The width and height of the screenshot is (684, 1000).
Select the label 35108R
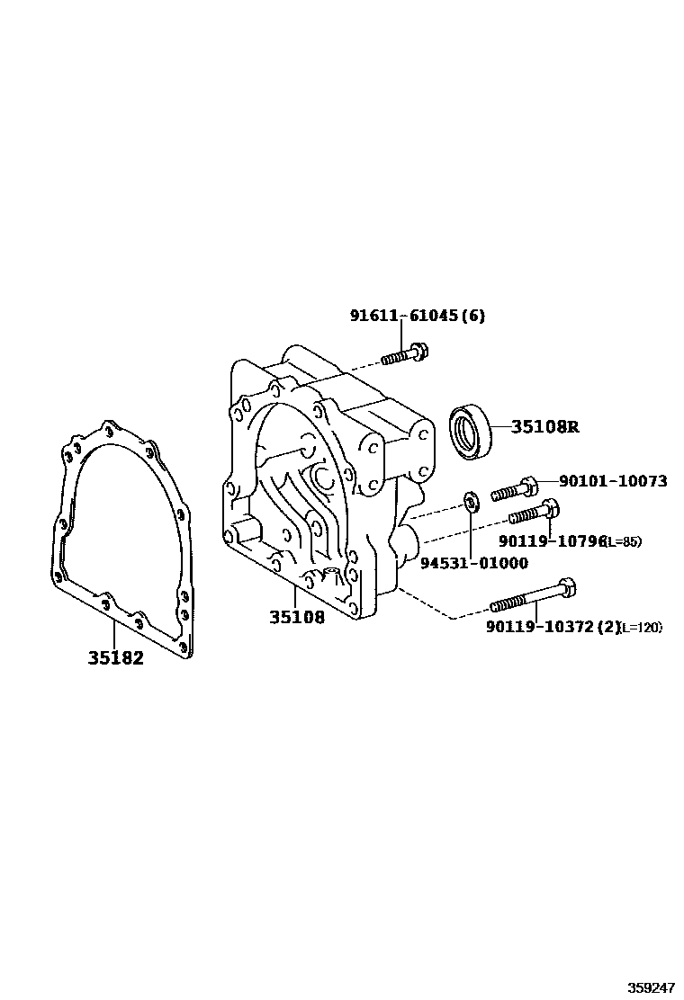pos(544,427)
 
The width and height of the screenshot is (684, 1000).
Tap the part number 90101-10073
pos(613,481)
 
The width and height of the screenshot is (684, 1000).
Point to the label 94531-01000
pos(473,564)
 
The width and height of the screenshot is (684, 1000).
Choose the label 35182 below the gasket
pos(115,657)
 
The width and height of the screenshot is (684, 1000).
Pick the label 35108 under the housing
pos(296,618)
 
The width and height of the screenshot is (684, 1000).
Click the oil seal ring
pos(471,431)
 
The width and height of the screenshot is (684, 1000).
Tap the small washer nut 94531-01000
pos(470,500)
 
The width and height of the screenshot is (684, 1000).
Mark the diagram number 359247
pos(651,987)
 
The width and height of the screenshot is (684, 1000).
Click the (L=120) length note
pos(642,628)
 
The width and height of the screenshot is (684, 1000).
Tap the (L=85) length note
pos(623,541)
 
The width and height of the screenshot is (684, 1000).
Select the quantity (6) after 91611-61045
pos(474,316)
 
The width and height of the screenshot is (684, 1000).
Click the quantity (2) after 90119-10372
pos(610,627)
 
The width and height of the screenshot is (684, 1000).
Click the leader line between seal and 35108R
pos(501,427)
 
